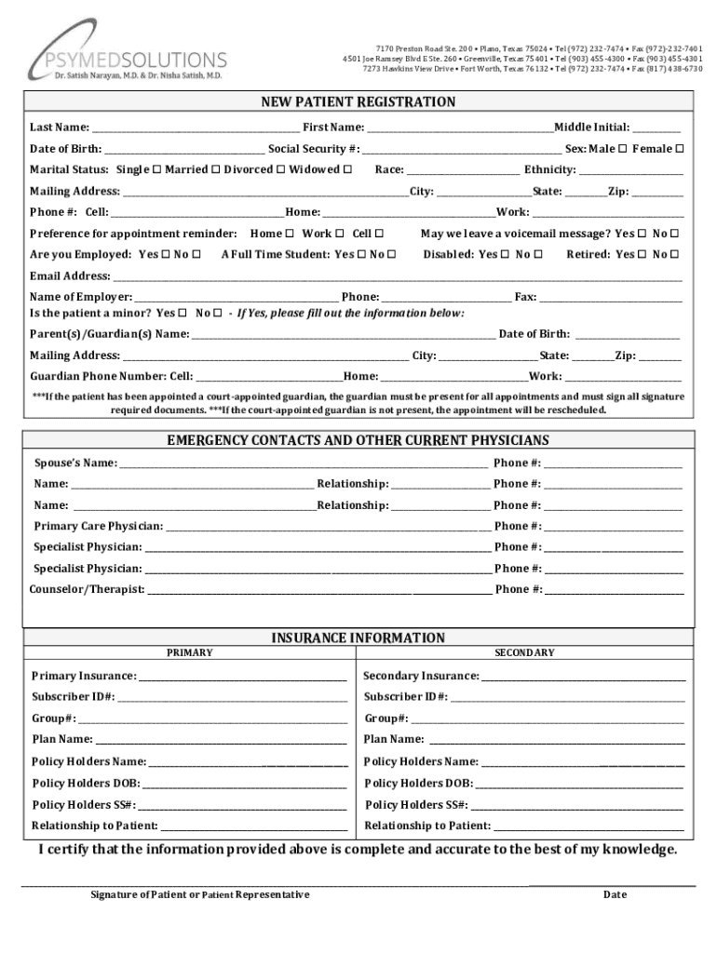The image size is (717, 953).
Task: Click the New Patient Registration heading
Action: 358,102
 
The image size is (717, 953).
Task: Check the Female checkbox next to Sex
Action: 680,149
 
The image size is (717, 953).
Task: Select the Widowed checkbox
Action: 347,170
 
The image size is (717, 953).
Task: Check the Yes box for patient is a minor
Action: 183,314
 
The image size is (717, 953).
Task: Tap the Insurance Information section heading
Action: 358,638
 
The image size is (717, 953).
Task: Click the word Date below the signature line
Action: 615,895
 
